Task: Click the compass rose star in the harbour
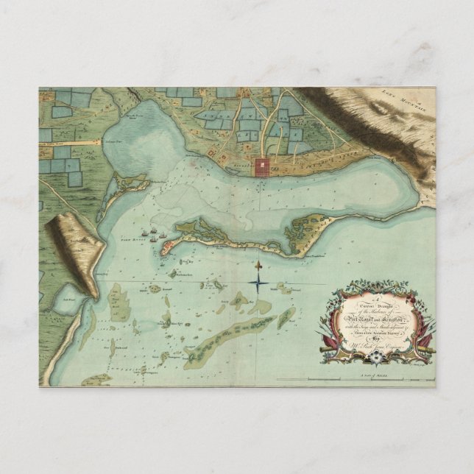pyautogui.click(x=260, y=279)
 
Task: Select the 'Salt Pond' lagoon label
pyautogui.click(x=66, y=299)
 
